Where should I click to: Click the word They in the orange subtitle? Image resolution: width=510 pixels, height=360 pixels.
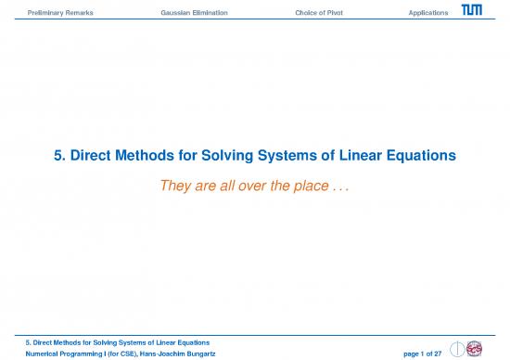point(178,185)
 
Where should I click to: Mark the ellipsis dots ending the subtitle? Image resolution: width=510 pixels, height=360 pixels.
point(347,186)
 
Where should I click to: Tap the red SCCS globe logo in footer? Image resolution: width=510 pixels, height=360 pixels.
point(474,345)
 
